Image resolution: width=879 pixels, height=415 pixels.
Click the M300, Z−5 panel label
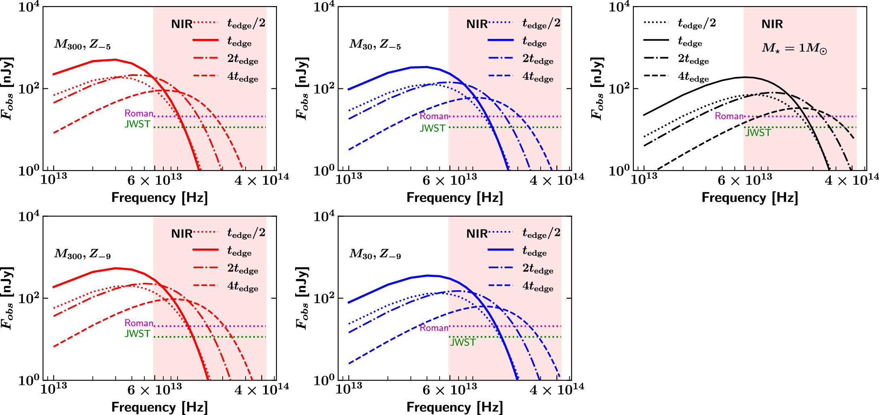pyautogui.click(x=82, y=44)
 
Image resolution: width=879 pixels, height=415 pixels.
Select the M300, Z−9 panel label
pyautogui.click(x=82, y=254)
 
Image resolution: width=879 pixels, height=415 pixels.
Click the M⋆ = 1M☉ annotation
pyautogui.click(x=794, y=48)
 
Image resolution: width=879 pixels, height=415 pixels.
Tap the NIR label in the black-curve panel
pyautogui.click(x=772, y=24)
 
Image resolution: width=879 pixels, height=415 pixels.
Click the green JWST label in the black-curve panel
pyautogui.click(x=758, y=133)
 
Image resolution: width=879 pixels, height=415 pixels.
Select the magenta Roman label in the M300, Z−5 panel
pyautogui.click(x=139, y=113)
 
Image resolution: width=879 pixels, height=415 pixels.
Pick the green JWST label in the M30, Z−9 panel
pyautogui.click(x=463, y=342)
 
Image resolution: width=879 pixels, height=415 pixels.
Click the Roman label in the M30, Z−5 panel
pyautogui.click(x=434, y=116)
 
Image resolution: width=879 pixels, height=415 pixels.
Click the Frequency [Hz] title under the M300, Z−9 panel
pyautogui.click(x=159, y=407)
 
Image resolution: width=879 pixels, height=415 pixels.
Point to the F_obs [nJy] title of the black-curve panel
pyautogui.click(x=597, y=88)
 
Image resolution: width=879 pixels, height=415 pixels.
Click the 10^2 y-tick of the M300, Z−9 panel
pyautogui.click(x=29, y=299)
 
